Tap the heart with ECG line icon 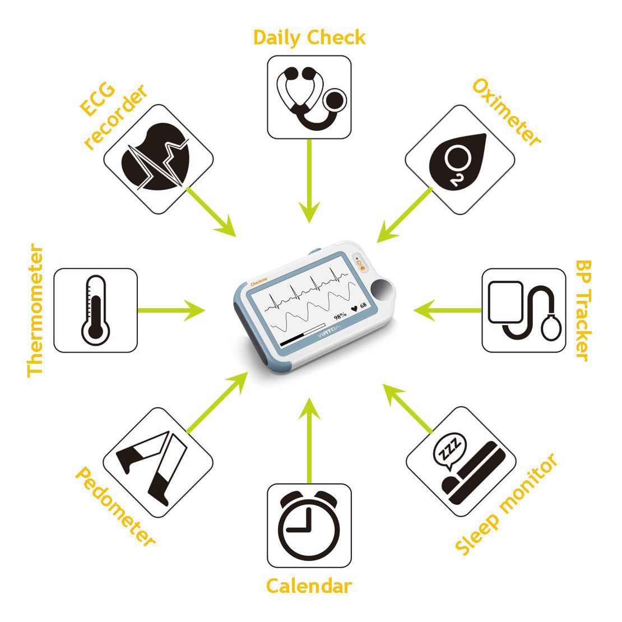tap(156, 157)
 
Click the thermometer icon tap(95, 310)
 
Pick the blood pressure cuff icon tap(523, 310)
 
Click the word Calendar tap(309, 586)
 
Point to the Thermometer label tap(35, 310)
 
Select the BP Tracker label tap(583, 310)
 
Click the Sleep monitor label tap(507, 504)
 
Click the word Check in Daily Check tap(336, 38)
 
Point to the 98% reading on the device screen tap(340, 316)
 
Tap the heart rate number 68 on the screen tap(363, 307)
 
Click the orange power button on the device tap(360, 264)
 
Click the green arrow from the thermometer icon tap(171, 310)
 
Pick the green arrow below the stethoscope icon tap(309, 181)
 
